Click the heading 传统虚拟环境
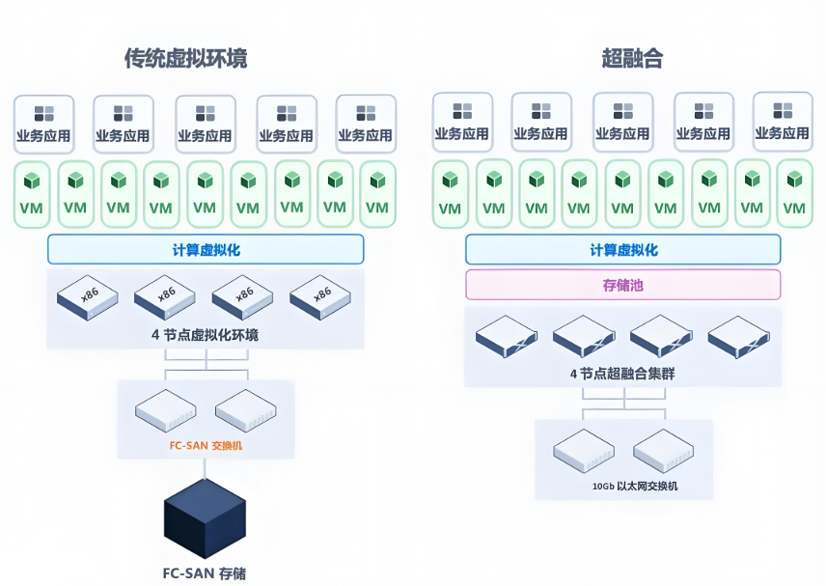coord(185,59)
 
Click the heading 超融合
coord(632,59)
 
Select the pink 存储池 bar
coord(622,285)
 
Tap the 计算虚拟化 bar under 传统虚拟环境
coord(206,249)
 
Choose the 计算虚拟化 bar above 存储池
coord(622,249)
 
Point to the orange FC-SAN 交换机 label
coord(206,446)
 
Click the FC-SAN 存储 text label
coord(204,572)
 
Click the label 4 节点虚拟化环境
coord(205,335)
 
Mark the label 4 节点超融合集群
coord(622,373)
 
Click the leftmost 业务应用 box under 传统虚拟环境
coord(43,124)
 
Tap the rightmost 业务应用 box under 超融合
coord(782,122)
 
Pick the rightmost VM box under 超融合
coord(794,194)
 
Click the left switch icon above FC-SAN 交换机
coord(167,411)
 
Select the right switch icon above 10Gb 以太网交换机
coord(665,450)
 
